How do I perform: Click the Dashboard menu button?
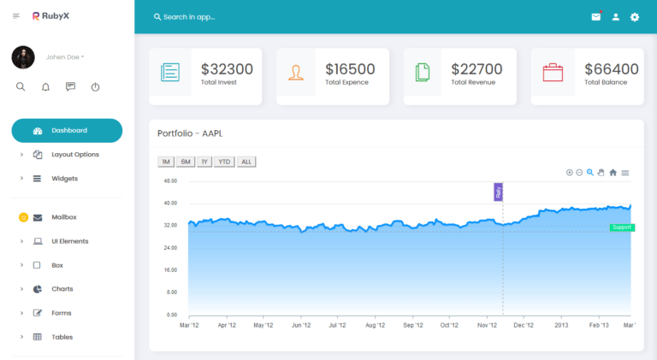67,131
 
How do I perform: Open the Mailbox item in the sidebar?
63,217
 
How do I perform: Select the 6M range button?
186,162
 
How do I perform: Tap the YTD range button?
224,162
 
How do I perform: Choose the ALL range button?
246,162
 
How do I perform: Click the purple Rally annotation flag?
498,192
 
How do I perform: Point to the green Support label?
622,227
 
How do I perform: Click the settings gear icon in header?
635,17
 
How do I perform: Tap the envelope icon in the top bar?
595,17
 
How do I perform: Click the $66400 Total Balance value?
612,69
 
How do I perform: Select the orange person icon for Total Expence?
296,73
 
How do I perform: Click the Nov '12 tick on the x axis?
487,325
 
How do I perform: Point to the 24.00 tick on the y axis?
170,248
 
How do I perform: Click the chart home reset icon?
613,173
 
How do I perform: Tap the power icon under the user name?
96,87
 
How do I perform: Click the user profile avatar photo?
23,57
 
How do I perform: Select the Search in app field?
189,17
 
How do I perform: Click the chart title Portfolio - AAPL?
190,133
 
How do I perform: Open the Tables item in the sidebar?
62,337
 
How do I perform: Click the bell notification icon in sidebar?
45,87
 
